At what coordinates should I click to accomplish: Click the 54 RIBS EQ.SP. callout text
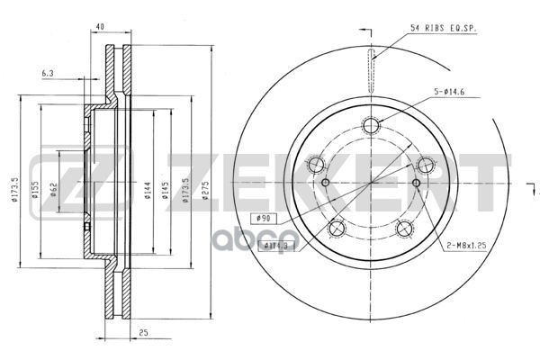[443, 28]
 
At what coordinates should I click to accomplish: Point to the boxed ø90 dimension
[264, 217]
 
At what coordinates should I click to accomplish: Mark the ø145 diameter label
[164, 193]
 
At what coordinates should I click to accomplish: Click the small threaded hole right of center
[415, 184]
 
